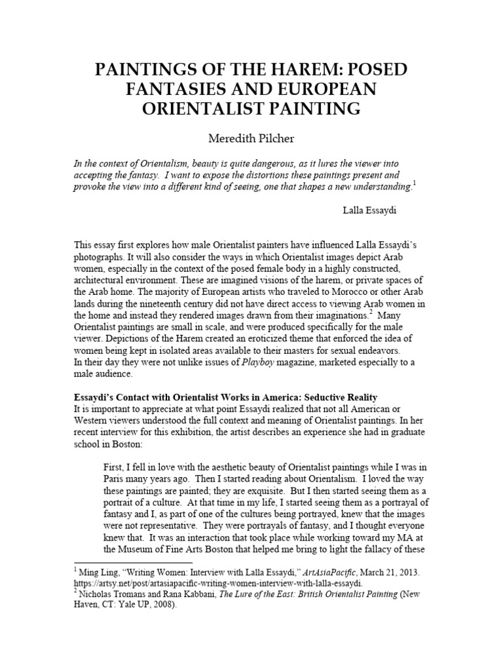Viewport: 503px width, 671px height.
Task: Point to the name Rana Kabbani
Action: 188,595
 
